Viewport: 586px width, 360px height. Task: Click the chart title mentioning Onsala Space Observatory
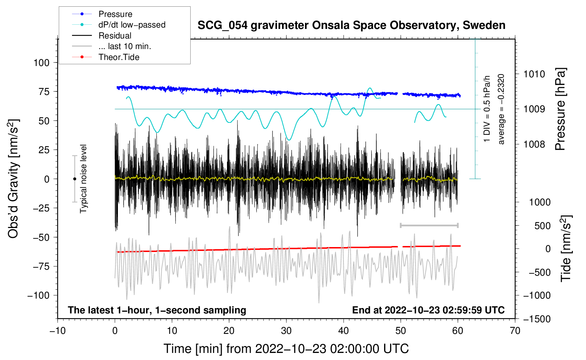[351, 25]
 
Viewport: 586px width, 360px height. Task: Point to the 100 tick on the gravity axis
[41, 63]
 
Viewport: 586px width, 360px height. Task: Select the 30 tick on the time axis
[286, 331]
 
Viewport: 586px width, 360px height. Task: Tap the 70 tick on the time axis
[515, 331]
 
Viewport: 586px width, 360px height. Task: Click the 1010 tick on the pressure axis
[534, 74]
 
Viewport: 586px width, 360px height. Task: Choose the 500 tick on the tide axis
[542, 226]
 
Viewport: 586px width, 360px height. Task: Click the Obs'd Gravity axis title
[13, 179]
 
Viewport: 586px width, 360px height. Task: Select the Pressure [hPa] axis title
[560, 109]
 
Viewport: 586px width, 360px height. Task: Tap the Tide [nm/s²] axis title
[566, 249]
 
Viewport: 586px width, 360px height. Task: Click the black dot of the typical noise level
[74, 179]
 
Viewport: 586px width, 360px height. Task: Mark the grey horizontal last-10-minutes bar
[429, 225]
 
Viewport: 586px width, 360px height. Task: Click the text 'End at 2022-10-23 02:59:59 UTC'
[428, 310]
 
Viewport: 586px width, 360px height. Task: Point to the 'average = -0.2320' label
[501, 109]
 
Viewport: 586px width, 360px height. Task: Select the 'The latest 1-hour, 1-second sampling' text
[157, 310]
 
